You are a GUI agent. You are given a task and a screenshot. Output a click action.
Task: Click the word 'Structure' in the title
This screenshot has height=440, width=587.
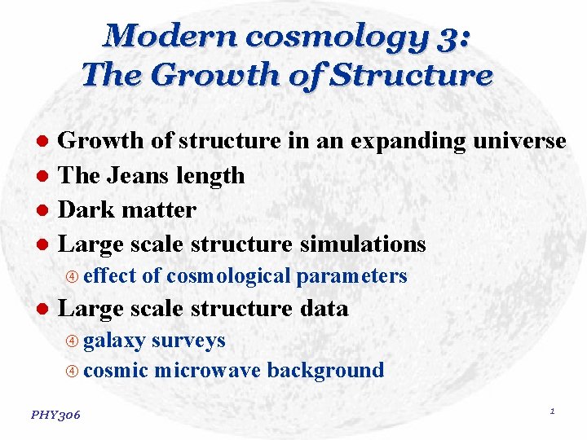[417, 75]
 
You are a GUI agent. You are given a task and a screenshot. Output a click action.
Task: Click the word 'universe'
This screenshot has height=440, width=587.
[520, 141]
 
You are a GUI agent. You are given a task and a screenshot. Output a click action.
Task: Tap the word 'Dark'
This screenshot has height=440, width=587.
[86, 209]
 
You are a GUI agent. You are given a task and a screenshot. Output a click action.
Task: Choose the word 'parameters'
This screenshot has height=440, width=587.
[351, 276]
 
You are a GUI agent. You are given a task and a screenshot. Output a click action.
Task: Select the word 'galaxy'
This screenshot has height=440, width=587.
[114, 341]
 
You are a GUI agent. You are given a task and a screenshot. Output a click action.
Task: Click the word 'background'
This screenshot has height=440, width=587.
[325, 370]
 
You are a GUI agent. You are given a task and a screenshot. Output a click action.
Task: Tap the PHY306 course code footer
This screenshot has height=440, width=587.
[55, 416]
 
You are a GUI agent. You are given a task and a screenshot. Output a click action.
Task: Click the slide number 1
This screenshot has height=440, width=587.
[552, 411]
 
